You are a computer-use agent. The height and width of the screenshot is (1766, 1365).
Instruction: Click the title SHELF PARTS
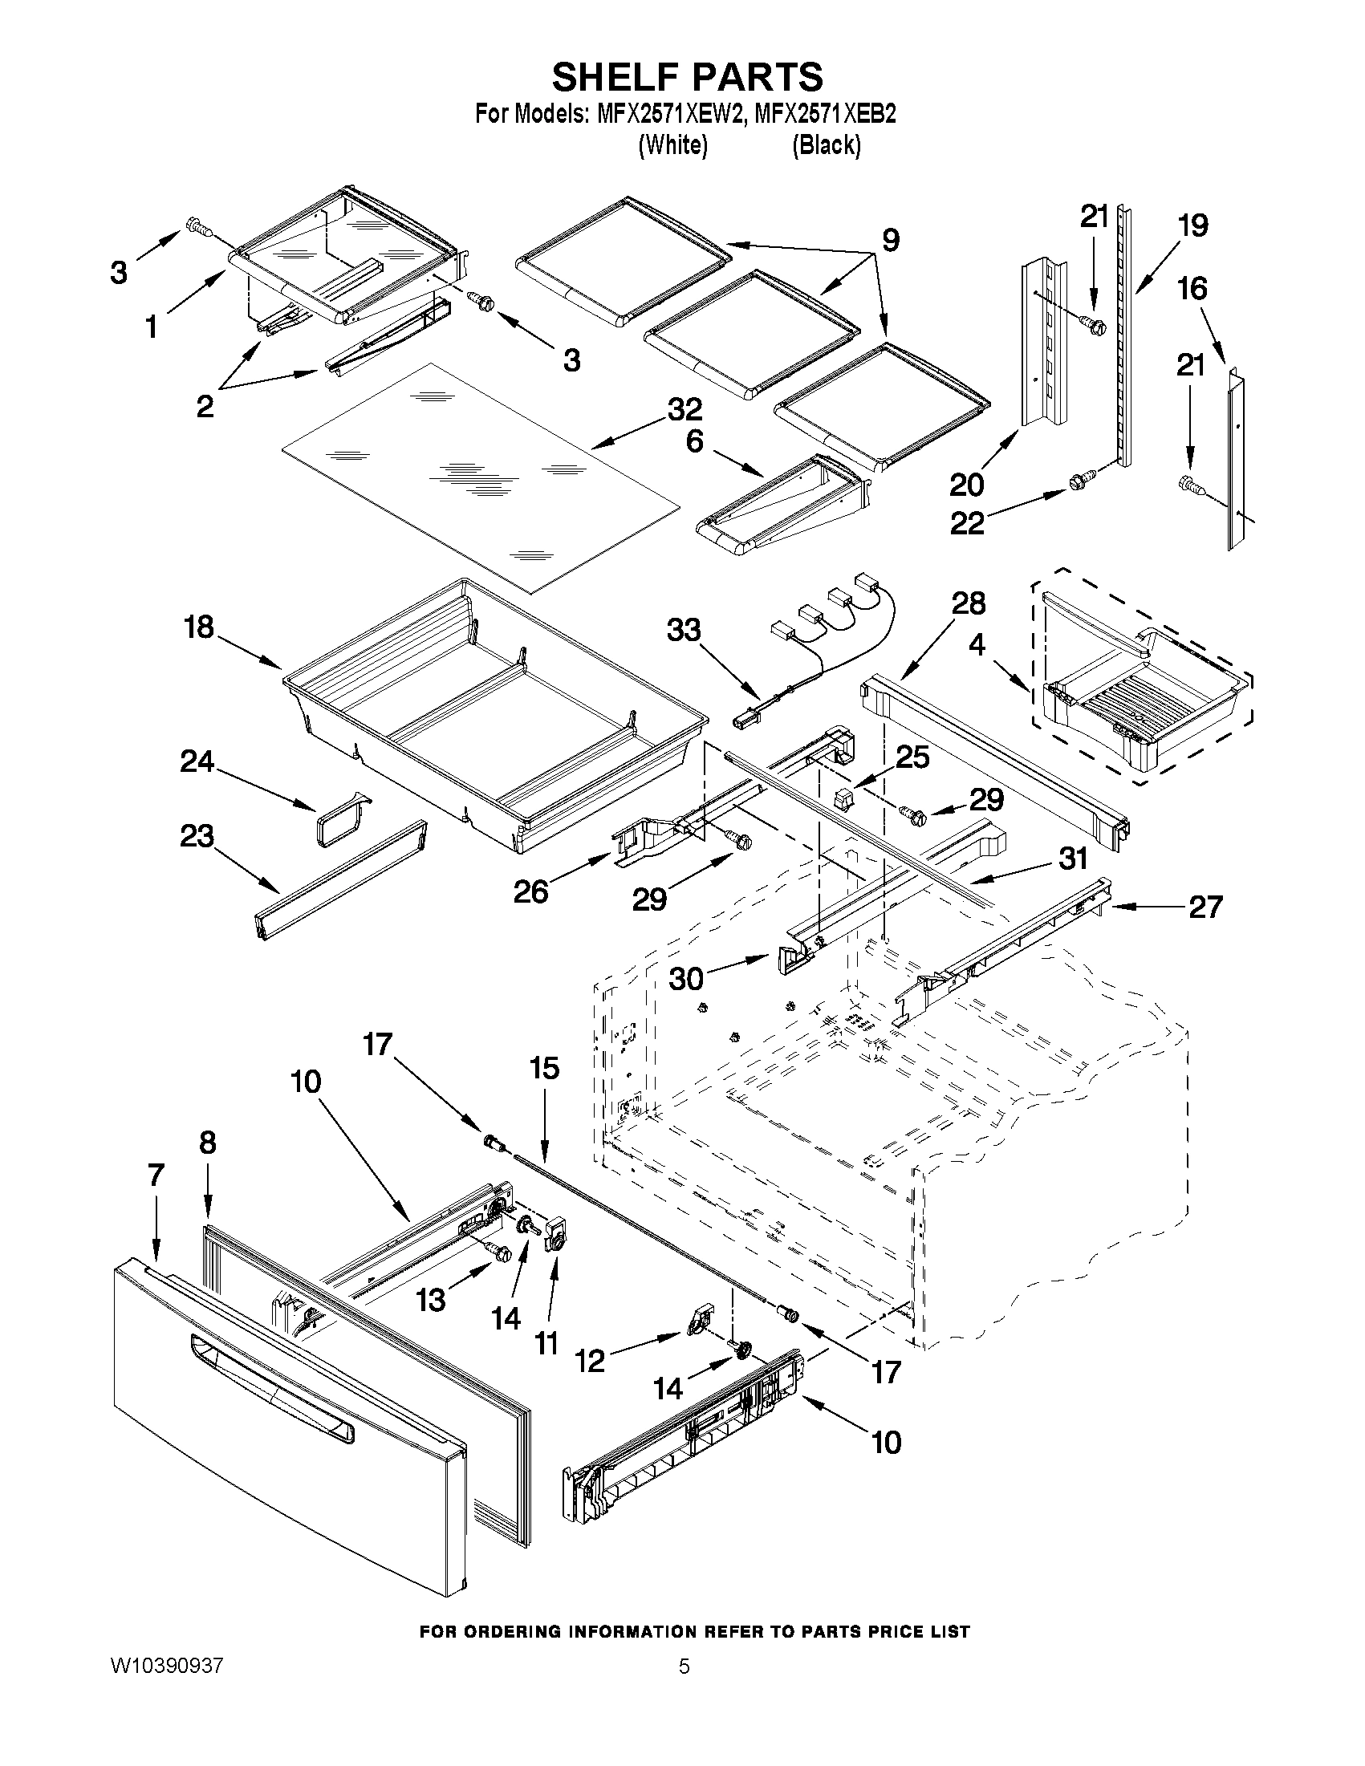tap(688, 78)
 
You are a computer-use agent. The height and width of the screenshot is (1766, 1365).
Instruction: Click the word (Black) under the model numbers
tap(826, 144)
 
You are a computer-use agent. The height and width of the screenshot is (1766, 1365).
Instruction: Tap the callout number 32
tap(685, 410)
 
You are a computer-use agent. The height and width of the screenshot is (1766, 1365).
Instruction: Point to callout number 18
tap(199, 627)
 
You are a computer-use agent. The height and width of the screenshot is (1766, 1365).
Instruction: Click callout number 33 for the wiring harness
tap(684, 630)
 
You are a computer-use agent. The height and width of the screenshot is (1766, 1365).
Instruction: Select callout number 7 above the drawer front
tap(156, 1175)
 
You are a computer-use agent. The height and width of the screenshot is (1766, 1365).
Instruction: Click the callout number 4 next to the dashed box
tap(977, 645)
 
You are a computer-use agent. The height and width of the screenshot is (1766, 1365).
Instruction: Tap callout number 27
tap(1205, 907)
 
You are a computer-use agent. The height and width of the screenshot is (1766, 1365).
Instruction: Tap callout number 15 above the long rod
tap(544, 1068)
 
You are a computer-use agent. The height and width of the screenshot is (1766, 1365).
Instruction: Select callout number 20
tap(966, 485)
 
